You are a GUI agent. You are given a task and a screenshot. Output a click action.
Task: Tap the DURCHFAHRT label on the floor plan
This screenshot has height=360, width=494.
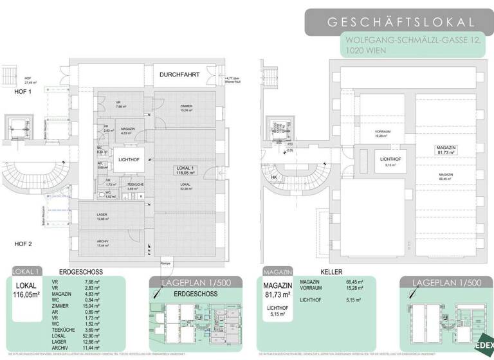pyautogui.click(x=176, y=75)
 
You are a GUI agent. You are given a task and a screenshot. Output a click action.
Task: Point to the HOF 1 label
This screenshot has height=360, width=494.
pyautogui.click(x=23, y=92)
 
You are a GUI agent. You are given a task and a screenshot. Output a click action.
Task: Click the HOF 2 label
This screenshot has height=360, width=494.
pyautogui.click(x=23, y=244)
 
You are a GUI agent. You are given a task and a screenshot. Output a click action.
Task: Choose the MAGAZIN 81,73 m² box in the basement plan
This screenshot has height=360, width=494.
pyautogui.click(x=446, y=150)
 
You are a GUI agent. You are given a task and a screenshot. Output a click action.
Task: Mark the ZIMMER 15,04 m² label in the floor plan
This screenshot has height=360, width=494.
pyautogui.click(x=186, y=109)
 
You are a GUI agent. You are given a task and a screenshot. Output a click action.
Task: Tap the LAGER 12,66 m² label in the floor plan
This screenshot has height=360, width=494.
pyautogui.click(x=102, y=217)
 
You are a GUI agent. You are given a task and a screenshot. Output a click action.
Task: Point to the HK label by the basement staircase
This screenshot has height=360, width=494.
pyautogui.click(x=274, y=177)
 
